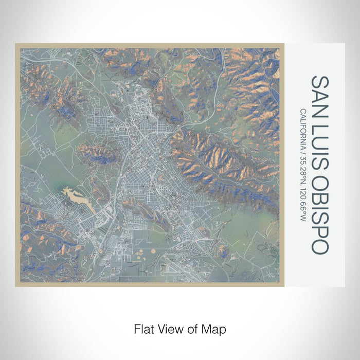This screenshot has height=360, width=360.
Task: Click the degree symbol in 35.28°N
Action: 304,179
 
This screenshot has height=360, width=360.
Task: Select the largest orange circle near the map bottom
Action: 140,252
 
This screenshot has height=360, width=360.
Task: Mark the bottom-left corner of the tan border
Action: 16,285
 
